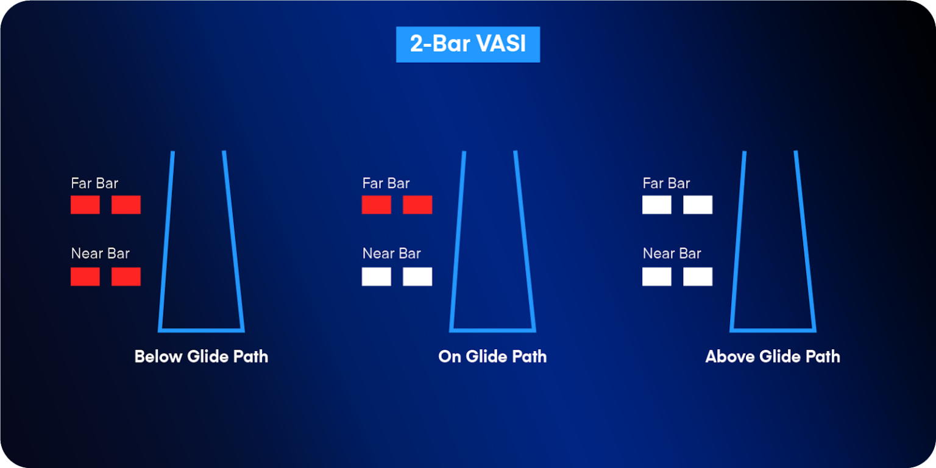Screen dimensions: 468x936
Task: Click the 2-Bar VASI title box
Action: coord(467,44)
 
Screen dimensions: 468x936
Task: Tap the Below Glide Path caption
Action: coord(201,356)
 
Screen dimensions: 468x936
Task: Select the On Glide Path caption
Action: coord(492,356)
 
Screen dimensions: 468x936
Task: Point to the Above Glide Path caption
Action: coord(773,356)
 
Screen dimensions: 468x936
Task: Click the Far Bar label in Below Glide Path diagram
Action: coord(94,183)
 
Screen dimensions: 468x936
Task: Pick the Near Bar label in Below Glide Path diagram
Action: coord(101,253)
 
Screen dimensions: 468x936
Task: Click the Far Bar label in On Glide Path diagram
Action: coord(386,183)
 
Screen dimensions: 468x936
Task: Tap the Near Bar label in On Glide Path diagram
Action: coord(392,253)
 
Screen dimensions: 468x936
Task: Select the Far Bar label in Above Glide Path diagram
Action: coord(666,183)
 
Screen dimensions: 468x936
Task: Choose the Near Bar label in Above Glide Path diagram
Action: coord(672,253)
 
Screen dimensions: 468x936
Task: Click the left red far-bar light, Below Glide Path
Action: coord(85,205)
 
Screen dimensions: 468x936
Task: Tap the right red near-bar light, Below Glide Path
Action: coord(126,277)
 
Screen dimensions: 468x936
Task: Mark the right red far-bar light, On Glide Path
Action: coord(417,205)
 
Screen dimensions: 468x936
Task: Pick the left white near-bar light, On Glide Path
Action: coord(377,277)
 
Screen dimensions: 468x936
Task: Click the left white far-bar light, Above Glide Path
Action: coord(657,205)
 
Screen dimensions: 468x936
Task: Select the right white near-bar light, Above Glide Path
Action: coord(698,277)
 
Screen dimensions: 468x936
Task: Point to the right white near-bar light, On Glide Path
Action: coord(417,277)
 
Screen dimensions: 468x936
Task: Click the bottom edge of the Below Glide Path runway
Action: coord(201,330)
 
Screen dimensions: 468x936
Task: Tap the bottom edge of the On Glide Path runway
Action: coord(492,330)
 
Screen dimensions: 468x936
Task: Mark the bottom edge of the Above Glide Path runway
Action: coord(773,330)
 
